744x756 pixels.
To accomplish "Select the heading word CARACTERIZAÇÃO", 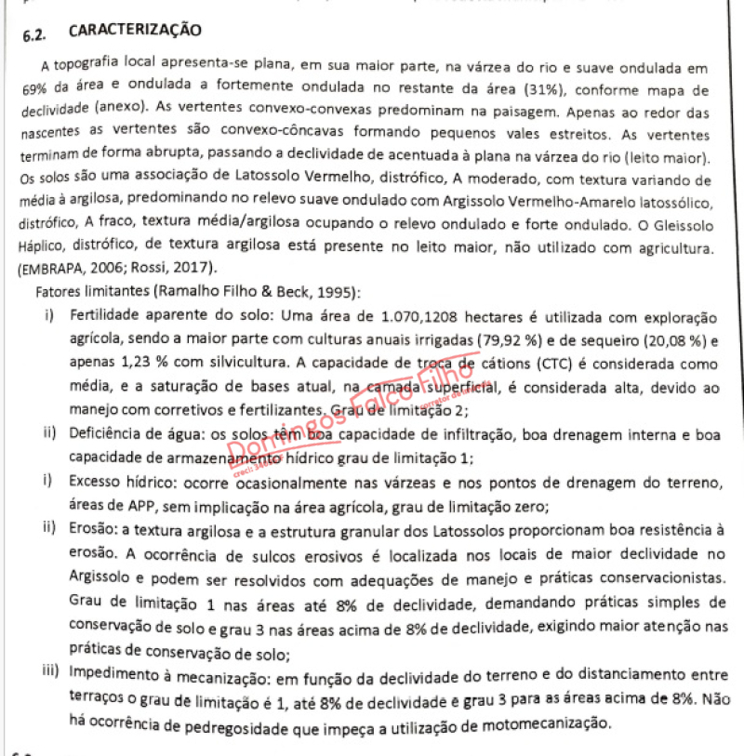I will [134, 31].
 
